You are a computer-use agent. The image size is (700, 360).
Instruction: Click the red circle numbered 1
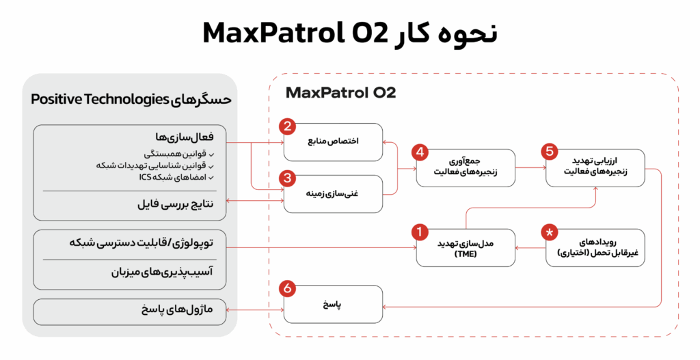pos(418,232)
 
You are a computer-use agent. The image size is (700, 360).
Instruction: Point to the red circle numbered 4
pos(419,153)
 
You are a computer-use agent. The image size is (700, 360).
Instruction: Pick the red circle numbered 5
pos(548,152)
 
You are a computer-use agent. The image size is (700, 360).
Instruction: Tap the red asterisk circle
pos(549,233)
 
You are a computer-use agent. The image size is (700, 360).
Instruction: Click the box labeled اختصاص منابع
pos(333,141)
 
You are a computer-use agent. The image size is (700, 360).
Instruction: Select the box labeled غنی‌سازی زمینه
pos(333,193)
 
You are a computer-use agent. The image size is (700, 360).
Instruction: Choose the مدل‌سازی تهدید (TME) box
pos(466,248)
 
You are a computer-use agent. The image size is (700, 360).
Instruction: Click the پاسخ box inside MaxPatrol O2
pos(333,304)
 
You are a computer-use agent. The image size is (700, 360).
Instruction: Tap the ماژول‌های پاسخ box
pos(130,311)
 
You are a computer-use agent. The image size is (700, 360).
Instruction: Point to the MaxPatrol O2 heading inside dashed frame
pos(340,92)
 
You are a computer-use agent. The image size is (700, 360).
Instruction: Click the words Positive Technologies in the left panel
pos(100,100)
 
